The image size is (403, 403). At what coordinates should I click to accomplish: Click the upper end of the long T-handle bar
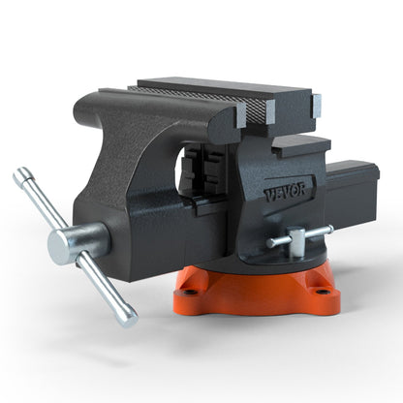click(x=20, y=176)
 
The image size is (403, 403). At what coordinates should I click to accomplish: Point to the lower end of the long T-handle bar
click(x=128, y=318)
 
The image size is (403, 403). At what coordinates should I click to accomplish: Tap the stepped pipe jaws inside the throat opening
click(x=198, y=174)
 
